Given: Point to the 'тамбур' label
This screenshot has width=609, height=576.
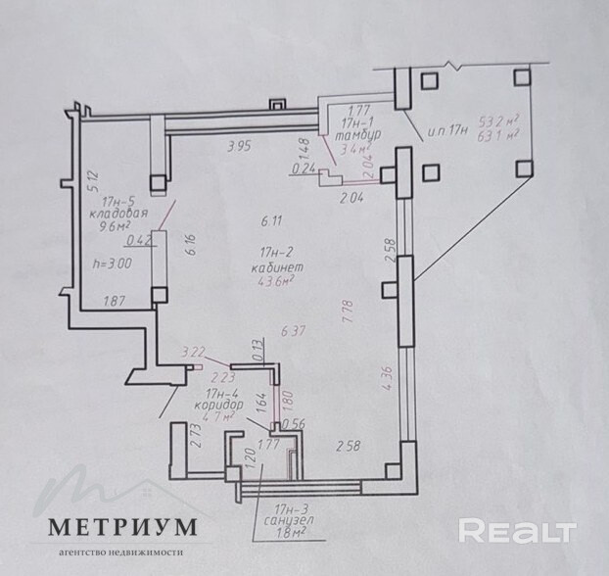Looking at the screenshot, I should pos(354,135).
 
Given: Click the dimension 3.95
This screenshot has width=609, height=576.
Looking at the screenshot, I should pos(240,147).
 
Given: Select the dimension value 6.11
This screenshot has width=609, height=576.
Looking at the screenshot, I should pos(271,219).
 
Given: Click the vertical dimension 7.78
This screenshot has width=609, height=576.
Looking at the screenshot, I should pos(348,315).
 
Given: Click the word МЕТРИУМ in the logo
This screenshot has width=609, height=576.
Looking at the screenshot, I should pos(124,528).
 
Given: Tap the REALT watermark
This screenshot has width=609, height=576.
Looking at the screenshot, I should pos(516,530).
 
